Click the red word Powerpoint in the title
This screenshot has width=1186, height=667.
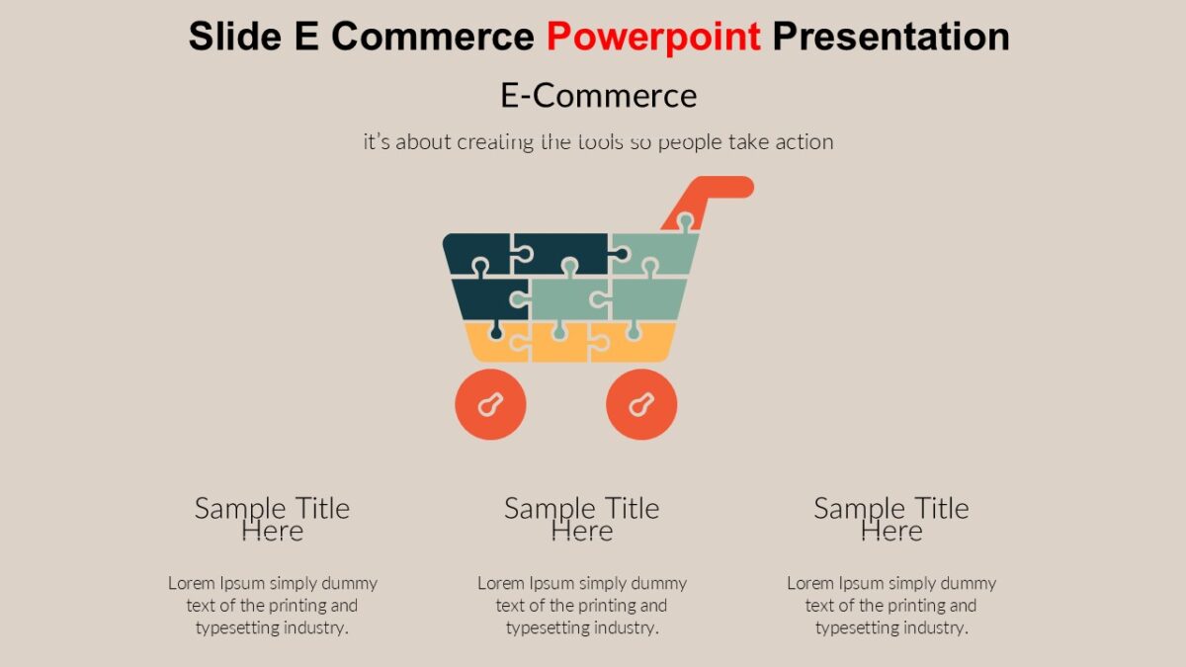[x=653, y=37]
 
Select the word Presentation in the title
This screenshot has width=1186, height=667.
[x=890, y=37]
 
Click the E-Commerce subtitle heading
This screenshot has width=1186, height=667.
[x=598, y=96]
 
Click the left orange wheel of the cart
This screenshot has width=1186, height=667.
[x=490, y=404]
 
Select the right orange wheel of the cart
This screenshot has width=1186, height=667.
[x=641, y=404]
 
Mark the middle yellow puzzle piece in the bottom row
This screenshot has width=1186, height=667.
[x=559, y=342]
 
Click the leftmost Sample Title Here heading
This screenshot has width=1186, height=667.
[x=272, y=519]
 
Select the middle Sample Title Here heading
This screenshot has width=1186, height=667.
[x=581, y=519]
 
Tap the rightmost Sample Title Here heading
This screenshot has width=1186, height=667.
[x=890, y=519]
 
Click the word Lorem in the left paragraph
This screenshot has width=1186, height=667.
[x=191, y=583]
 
